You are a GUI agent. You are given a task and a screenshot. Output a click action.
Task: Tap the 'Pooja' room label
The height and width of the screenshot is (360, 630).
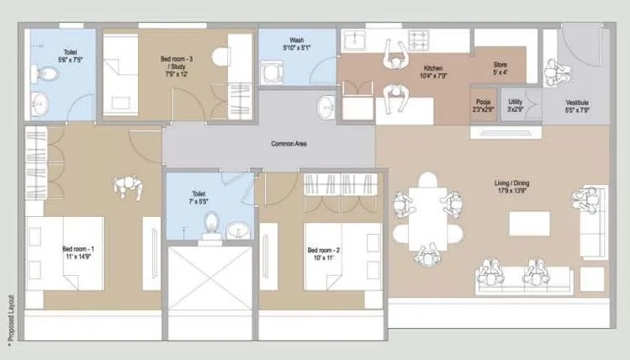pyautogui.click(x=481, y=105)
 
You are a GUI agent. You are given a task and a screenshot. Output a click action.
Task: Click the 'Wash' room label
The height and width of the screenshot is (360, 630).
pyautogui.click(x=296, y=40)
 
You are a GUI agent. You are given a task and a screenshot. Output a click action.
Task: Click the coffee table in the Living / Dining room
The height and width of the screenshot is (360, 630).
pyautogui.click(x=529, y=223)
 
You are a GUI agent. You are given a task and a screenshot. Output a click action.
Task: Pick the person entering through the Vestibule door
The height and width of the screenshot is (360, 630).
pyautogui.click(x=553, y=74)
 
